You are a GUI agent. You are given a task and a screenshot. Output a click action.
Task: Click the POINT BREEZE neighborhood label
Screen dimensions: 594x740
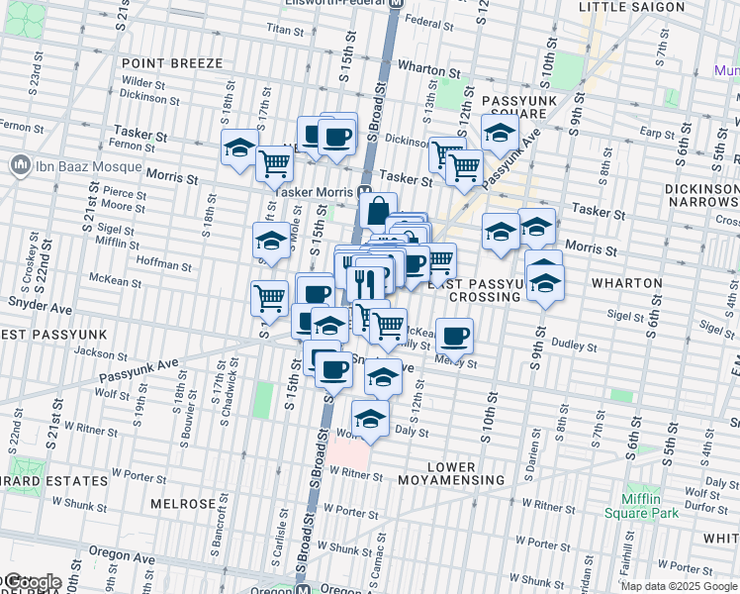click(172, 63)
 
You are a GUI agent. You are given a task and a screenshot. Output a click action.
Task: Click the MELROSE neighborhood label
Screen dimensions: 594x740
click(183, 503)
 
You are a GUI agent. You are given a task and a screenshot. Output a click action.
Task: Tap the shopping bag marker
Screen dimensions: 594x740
click(378, 211)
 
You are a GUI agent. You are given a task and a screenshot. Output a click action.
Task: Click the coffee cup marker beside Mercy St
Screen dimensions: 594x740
click(454, 337)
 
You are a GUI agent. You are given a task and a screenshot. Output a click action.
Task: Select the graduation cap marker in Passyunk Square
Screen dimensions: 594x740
click(501, 134)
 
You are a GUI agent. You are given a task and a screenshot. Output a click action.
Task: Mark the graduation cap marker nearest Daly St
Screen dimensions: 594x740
click(370, 420)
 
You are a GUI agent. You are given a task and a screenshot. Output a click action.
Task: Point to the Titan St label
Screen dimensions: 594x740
click(283, 31)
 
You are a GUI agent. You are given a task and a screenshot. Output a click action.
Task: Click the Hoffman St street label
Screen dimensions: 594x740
click(163, 265)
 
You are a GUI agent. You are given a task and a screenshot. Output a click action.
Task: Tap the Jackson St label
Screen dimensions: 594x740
click(94, 352)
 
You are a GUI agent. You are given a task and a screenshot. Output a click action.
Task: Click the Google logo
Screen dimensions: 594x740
click(33, 582)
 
